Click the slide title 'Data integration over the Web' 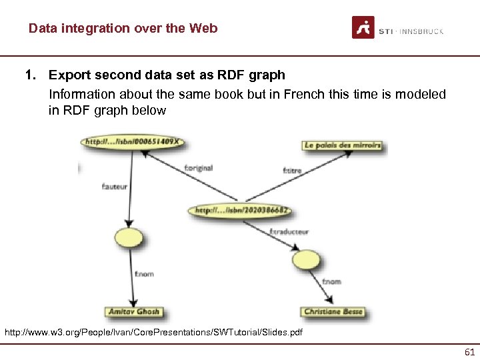point(123,29)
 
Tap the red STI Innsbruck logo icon point(363,27)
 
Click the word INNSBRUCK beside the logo point(421,31)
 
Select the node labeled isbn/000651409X point(133,142)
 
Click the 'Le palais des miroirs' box point(342,145)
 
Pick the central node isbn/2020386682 point(241,210)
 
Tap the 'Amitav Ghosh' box point(134,312)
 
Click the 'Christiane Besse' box point(333,312)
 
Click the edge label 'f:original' point(198,168)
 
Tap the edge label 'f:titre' point(292,171)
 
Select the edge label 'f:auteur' point(114,187)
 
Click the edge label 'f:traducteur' point(289,232)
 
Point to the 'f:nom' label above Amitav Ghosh point(144,274)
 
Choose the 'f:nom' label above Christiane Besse point(331,282)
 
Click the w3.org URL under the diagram point(153,332)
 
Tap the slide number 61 point(469,352)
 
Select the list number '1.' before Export point(31,75)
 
